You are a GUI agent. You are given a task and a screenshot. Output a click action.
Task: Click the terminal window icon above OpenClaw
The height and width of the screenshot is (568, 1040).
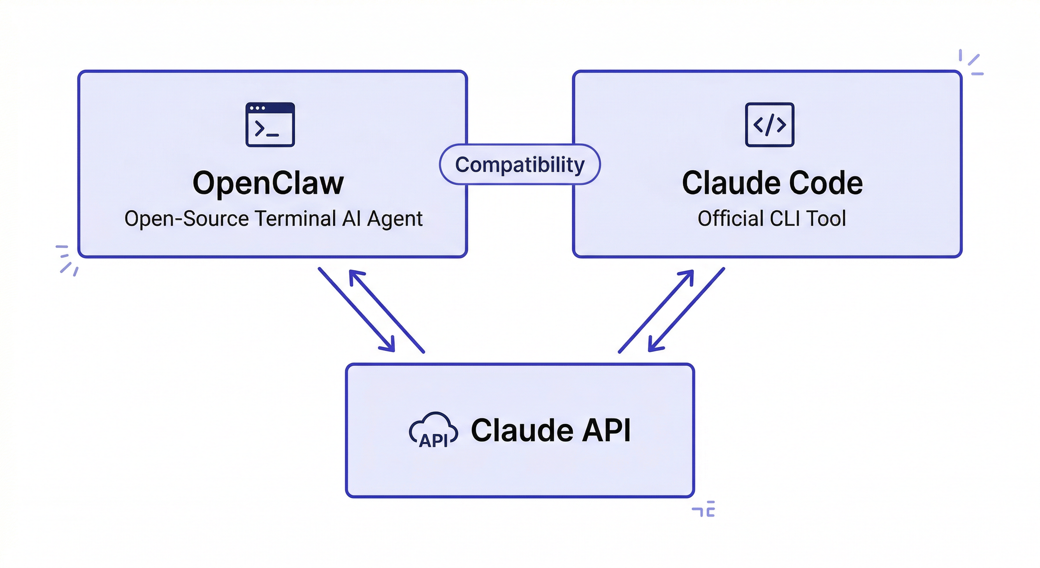270,125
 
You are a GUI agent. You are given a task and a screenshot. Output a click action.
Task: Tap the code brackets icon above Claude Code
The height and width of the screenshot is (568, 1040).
770,125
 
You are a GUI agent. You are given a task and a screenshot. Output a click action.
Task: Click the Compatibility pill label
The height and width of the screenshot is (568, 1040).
520,165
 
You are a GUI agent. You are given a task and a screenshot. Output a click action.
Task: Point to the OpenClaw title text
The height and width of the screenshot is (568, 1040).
268,183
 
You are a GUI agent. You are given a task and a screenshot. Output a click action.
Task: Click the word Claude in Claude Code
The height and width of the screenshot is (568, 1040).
731,183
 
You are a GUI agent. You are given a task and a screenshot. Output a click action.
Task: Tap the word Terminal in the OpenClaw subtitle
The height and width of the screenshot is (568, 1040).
295,219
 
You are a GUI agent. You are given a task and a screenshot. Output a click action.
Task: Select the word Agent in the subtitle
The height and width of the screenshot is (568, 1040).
394,219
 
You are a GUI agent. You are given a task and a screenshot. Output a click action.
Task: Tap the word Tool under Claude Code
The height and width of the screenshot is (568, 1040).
826,219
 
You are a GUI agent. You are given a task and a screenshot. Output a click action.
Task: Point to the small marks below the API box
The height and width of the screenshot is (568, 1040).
704,509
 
